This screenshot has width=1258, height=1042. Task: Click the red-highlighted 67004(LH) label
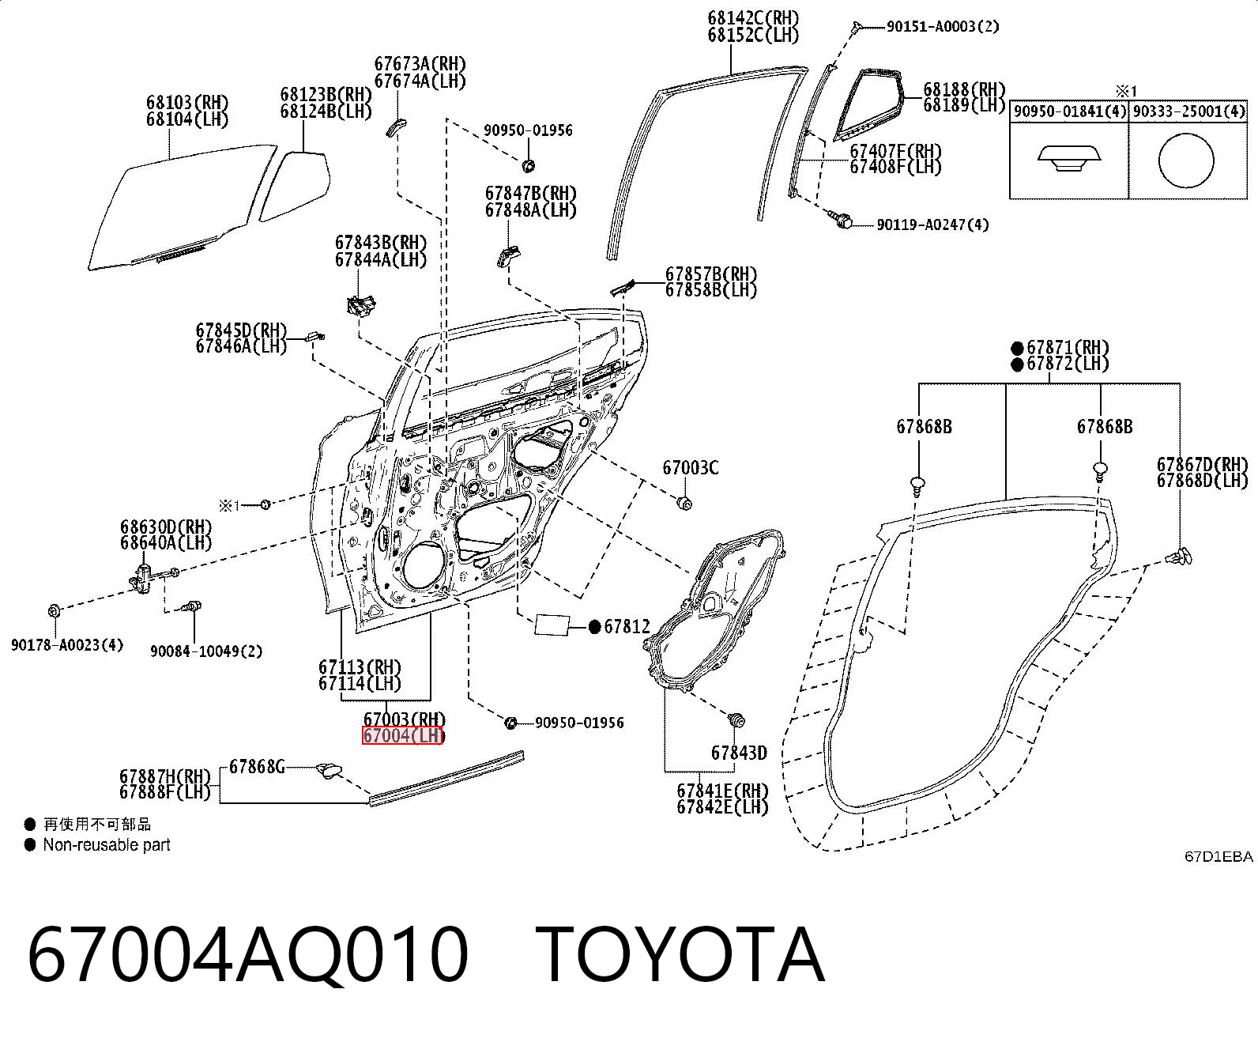[402, 736]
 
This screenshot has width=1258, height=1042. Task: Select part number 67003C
[691, 468]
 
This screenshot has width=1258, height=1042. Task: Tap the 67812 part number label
[627, 627]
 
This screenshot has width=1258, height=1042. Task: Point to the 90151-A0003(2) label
[943, 27]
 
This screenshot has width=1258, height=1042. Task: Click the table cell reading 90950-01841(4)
[1069, 111]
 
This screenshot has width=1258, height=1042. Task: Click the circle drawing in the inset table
[1186, 161]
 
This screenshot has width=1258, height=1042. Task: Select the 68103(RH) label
[187, 103]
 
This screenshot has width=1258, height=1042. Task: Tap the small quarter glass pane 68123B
[296, 186]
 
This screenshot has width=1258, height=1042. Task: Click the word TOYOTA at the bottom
[680, 956]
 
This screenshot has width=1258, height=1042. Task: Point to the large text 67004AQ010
[247, 956]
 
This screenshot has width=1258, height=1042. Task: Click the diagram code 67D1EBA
[1218, 857]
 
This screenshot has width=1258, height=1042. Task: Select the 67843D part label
[740, 753]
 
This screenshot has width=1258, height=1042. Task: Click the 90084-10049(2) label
[206, 651]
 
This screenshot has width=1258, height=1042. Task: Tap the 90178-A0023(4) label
[67, 645]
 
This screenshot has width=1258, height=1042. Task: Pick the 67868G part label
[258, 767]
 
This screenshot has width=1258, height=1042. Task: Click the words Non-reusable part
[107, 845]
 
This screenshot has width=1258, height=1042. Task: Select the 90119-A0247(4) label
[932, 225]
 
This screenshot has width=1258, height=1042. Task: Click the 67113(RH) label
[360, 667]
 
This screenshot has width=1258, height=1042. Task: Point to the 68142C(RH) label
[753, 19]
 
